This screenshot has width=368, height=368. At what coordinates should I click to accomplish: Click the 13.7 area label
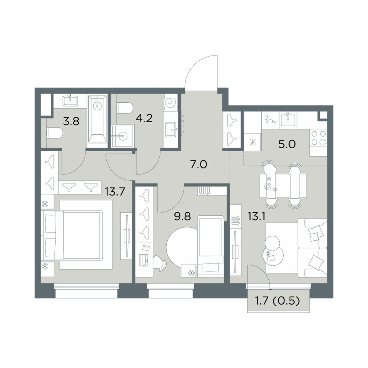pos(115,192)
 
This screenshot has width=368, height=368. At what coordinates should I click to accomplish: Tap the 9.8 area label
pos(183,216)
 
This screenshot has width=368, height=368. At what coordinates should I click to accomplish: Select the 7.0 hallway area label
pos(199,164)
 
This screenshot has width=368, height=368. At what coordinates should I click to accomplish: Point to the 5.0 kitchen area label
pos(287,144)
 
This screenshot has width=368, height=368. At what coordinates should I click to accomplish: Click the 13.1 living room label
pos(256,216)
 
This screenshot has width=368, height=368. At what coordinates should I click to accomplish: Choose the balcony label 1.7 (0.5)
pos(277,301)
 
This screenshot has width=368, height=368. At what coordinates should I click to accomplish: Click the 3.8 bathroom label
pos(71,121)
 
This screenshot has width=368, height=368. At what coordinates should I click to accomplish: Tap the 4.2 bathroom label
pos(144,118)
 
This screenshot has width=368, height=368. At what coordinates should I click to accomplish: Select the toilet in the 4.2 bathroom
pos(125,108)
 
